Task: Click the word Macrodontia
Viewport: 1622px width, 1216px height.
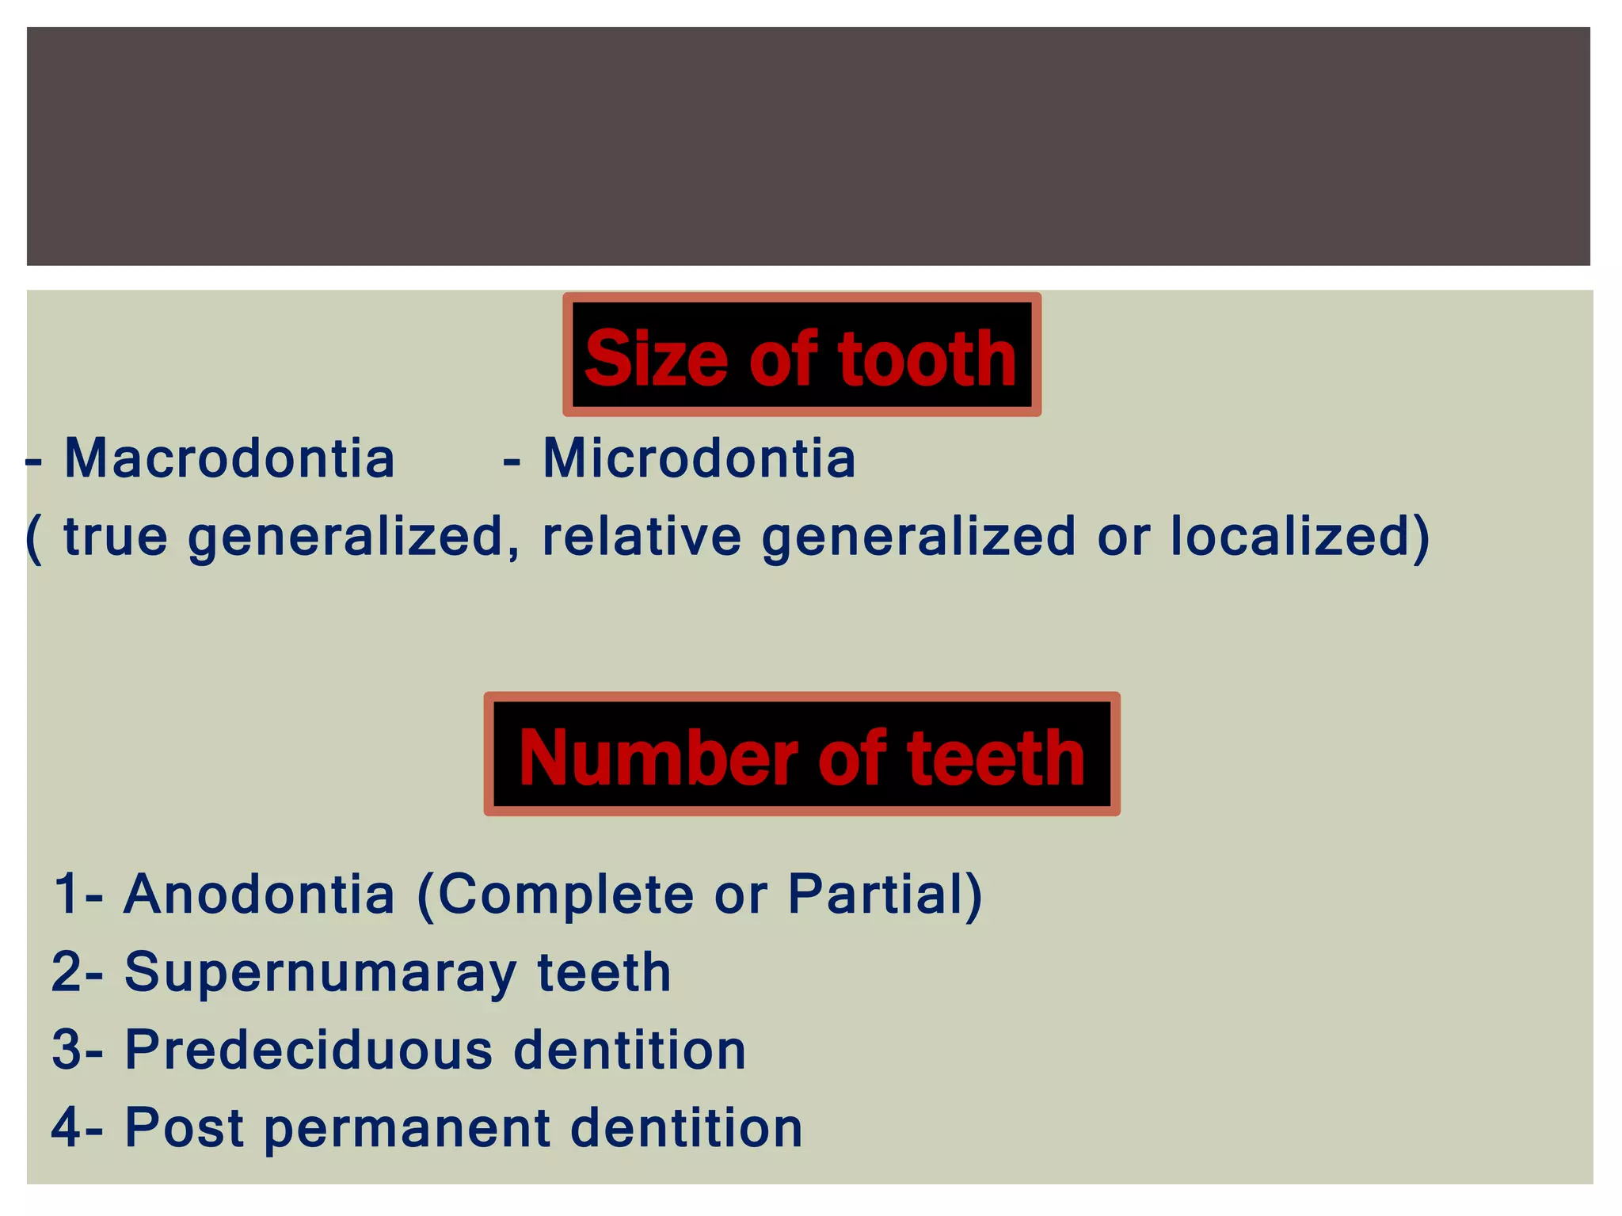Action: coord(229,458)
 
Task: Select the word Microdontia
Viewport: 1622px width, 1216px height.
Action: coord(699,458)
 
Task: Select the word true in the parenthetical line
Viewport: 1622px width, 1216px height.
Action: coord(116,537)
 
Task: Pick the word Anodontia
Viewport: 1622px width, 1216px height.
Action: coord(259,894)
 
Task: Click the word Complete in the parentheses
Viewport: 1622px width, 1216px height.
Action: coord(565,894)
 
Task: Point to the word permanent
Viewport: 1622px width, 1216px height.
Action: coord(406,1127)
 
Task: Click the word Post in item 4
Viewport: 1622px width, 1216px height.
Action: coord(184,1127)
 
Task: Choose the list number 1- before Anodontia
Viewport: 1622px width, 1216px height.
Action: coord(78,894)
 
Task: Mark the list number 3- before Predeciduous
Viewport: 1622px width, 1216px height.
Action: coord(78,1050)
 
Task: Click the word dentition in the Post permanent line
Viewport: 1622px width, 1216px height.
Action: coord(686,1127)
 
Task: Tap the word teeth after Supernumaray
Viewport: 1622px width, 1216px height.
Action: coord(603,972)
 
